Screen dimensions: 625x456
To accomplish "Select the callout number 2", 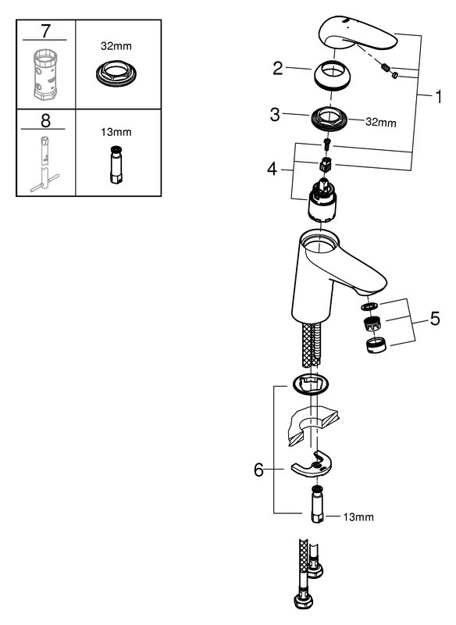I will tap(276, 69).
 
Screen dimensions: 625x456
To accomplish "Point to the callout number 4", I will tap(272, 168).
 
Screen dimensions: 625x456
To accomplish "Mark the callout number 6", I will tap(259, 470).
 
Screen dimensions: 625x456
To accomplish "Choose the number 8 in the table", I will tap(45, 120).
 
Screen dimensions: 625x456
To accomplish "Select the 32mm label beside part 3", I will tap(382, 123).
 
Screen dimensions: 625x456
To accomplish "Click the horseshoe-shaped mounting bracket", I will tap(312, 466).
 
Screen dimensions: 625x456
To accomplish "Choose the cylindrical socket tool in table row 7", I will tap(45, 75).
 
